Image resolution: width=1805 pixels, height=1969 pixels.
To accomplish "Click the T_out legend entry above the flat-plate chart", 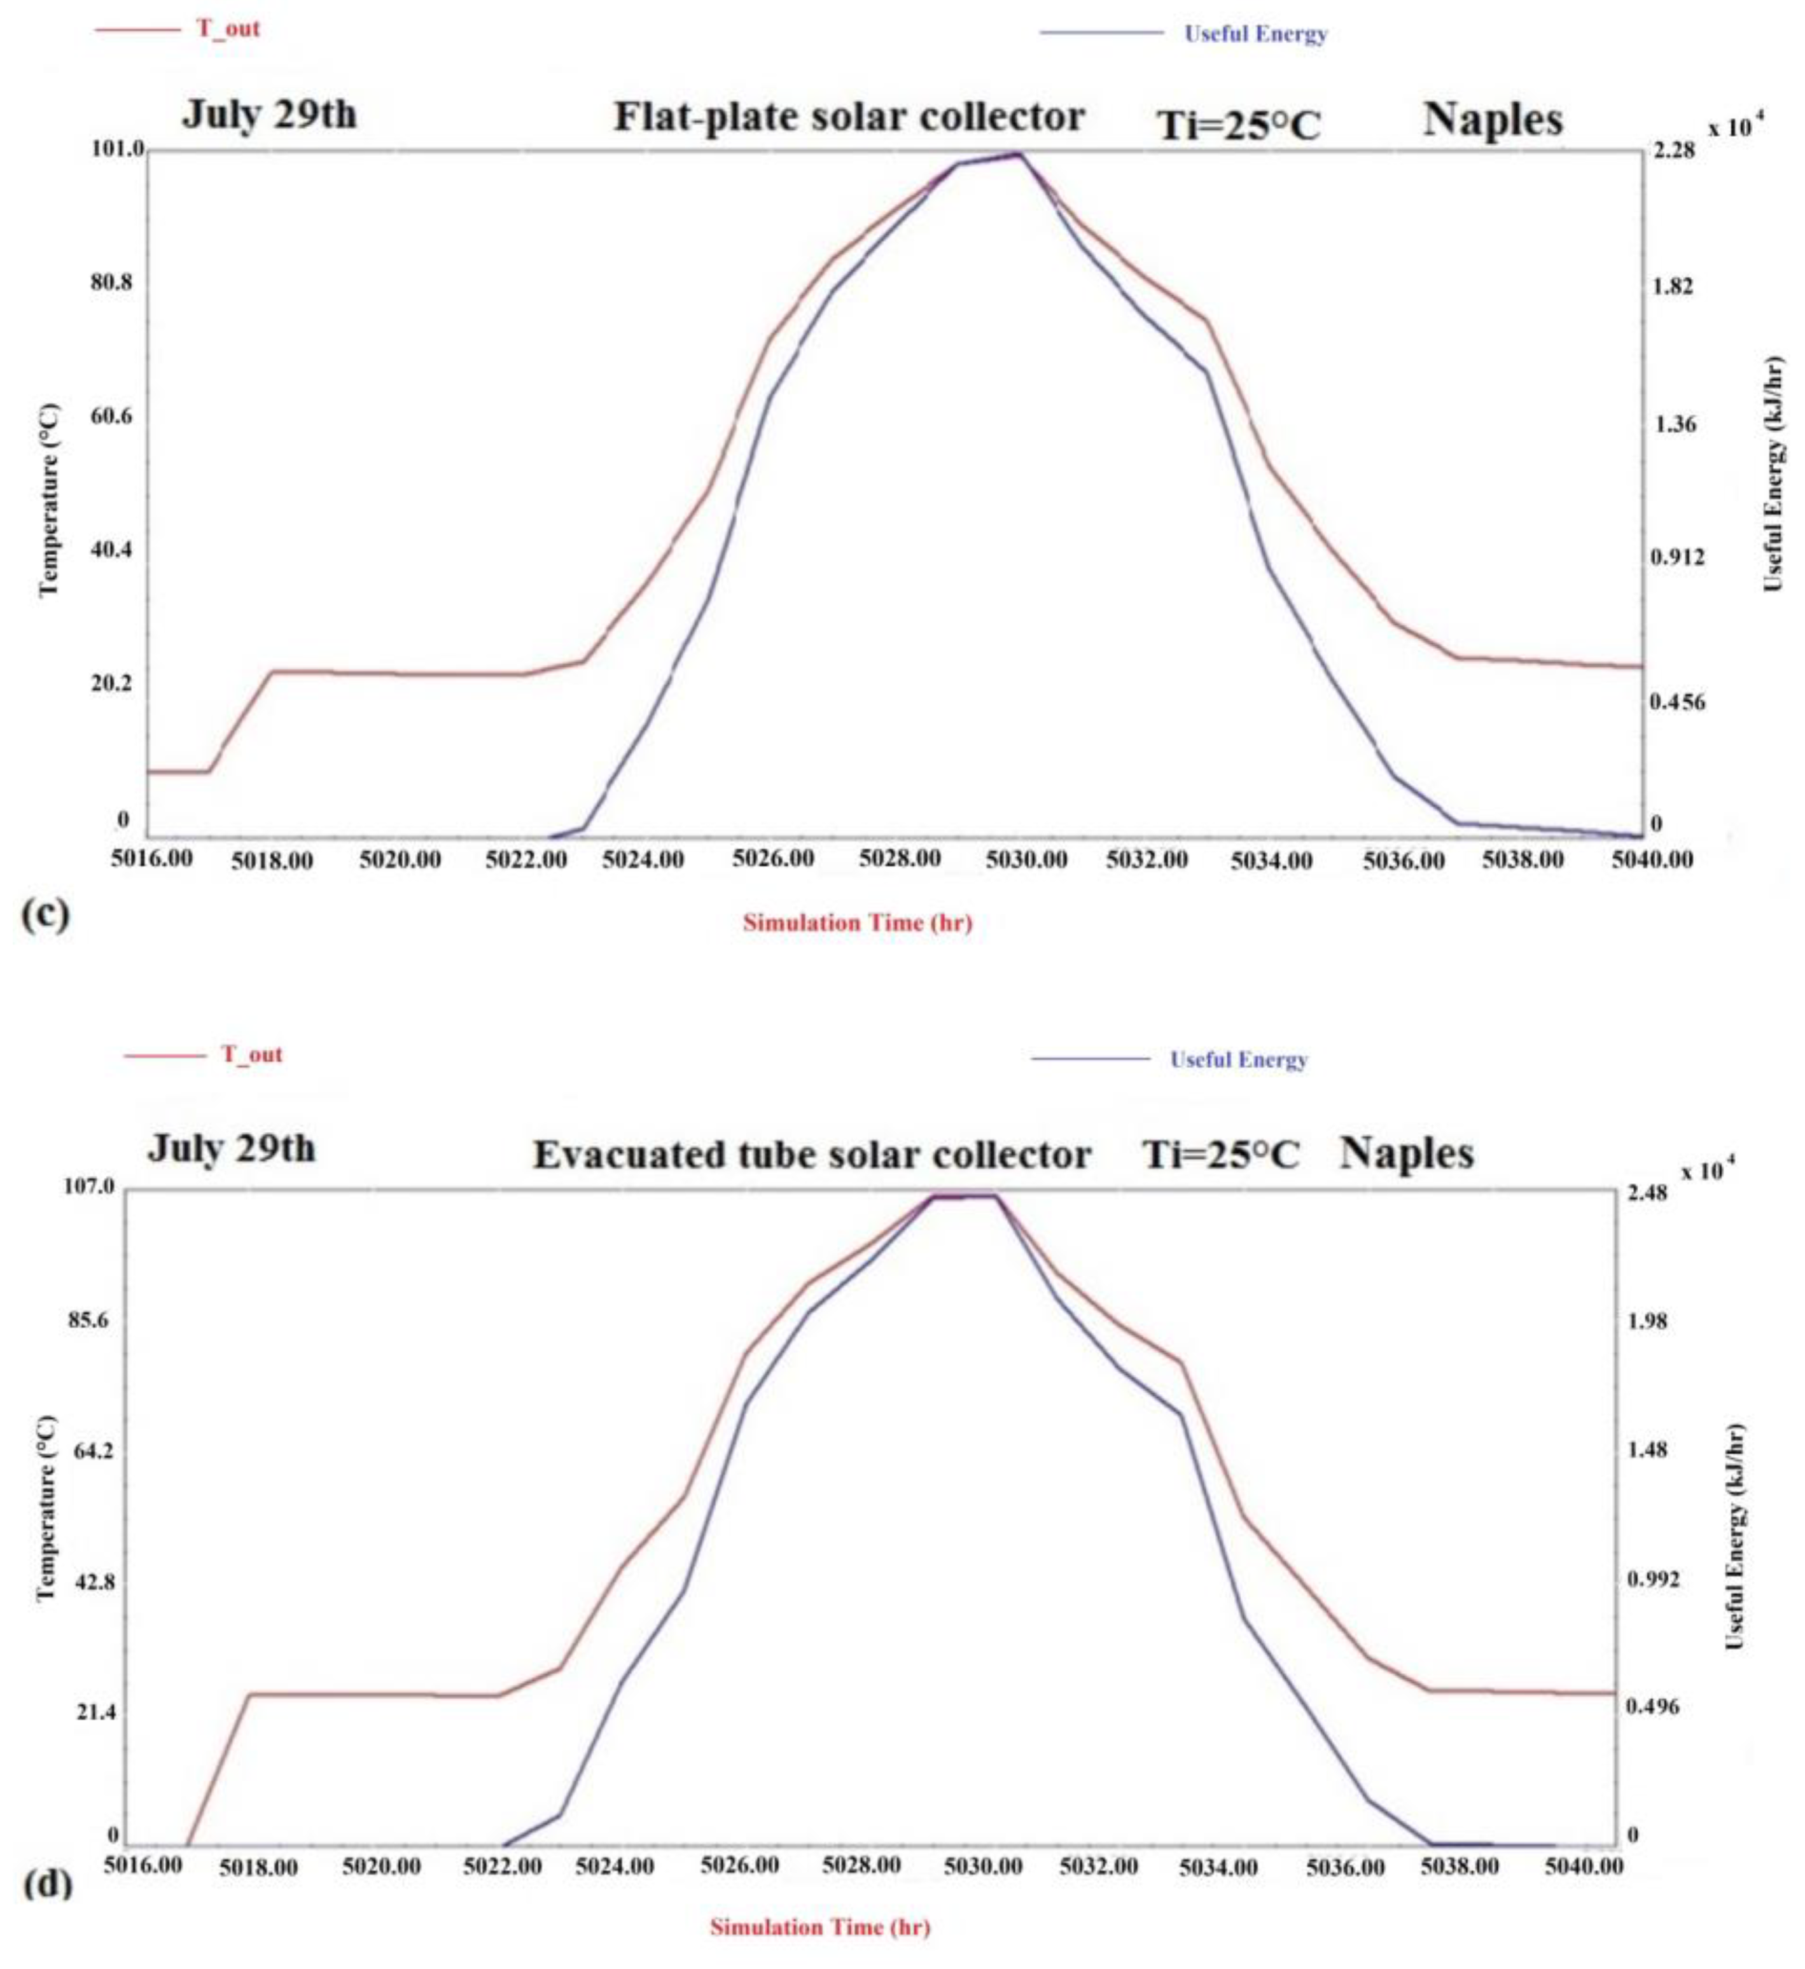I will [x=228, y=29].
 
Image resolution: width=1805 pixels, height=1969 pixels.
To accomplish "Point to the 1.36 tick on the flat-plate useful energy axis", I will [x=1672, y=424].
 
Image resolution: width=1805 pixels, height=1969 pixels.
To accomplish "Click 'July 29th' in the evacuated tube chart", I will [x=232, y=1148].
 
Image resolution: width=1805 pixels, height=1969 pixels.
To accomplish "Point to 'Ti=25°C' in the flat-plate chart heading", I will [x=1237, y=126].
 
